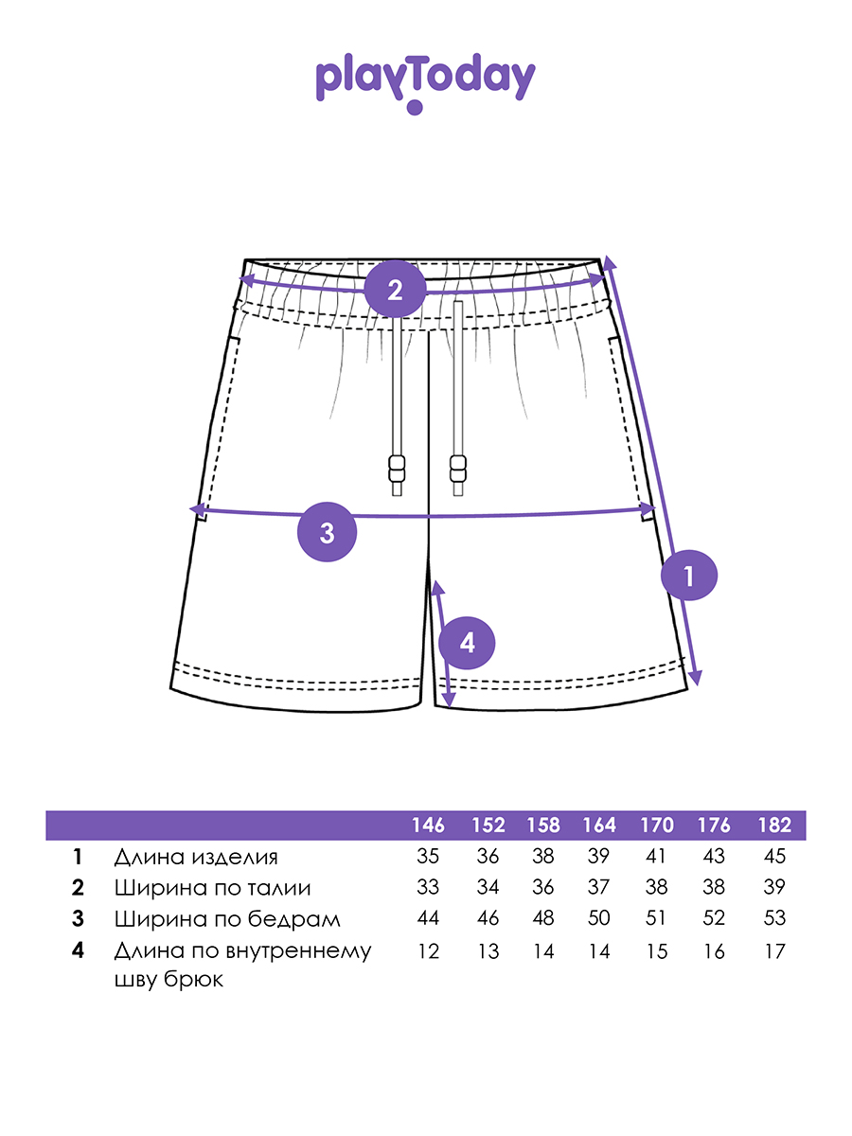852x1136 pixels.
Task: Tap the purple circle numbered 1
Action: (689, 576)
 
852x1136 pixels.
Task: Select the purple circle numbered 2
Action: (395, 289)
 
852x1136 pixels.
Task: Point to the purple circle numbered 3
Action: (327, 532)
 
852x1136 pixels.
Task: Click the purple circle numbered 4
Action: (468, 644)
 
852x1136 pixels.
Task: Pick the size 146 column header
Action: (428, 825)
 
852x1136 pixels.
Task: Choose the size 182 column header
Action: (774, 825)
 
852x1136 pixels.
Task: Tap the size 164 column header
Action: (598, 825)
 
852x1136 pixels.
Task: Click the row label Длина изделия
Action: (196, 858)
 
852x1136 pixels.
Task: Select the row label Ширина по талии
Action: (212, 888)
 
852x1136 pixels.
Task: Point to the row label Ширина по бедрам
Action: (226, 918)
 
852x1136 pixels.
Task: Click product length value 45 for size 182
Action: (774, 858)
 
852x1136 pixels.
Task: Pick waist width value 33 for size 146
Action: (428, 888)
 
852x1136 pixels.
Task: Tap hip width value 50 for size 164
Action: (598, 918)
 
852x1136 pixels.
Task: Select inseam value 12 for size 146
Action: (428, 951)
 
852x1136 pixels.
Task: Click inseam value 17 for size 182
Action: (774, 951)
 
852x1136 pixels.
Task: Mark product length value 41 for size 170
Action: (656, 858)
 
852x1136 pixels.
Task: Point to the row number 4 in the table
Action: (78, 950)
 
